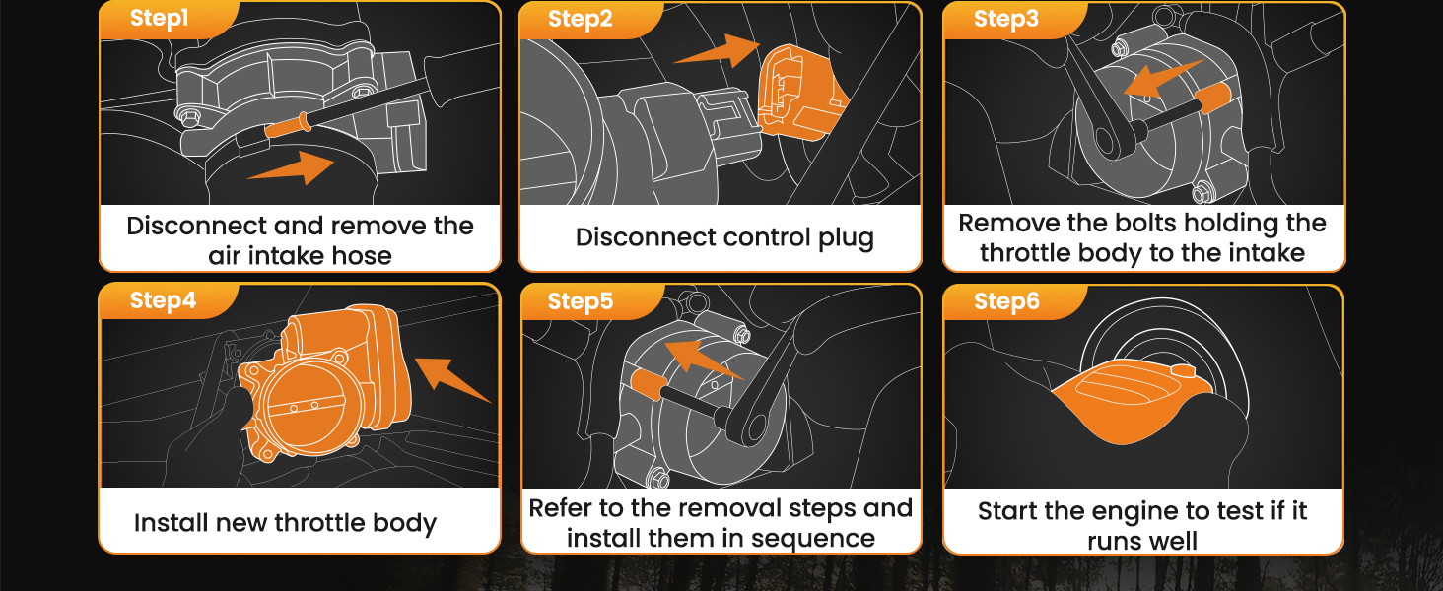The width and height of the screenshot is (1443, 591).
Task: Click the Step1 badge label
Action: point(159,19)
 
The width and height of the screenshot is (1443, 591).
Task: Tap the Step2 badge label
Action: point(580,19)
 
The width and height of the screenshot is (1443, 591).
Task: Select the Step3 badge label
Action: point(1005,19)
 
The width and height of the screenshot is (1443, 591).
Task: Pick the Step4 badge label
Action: point(163,300)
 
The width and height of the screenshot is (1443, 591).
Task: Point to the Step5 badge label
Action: point(581,301)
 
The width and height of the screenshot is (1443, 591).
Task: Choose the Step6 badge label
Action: point(1006,301)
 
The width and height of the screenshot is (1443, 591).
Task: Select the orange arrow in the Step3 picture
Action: point(1164,79)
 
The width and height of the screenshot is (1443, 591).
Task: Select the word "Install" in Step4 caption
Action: point(170,523)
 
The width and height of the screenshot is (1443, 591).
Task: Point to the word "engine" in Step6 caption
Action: point(1182,512)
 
